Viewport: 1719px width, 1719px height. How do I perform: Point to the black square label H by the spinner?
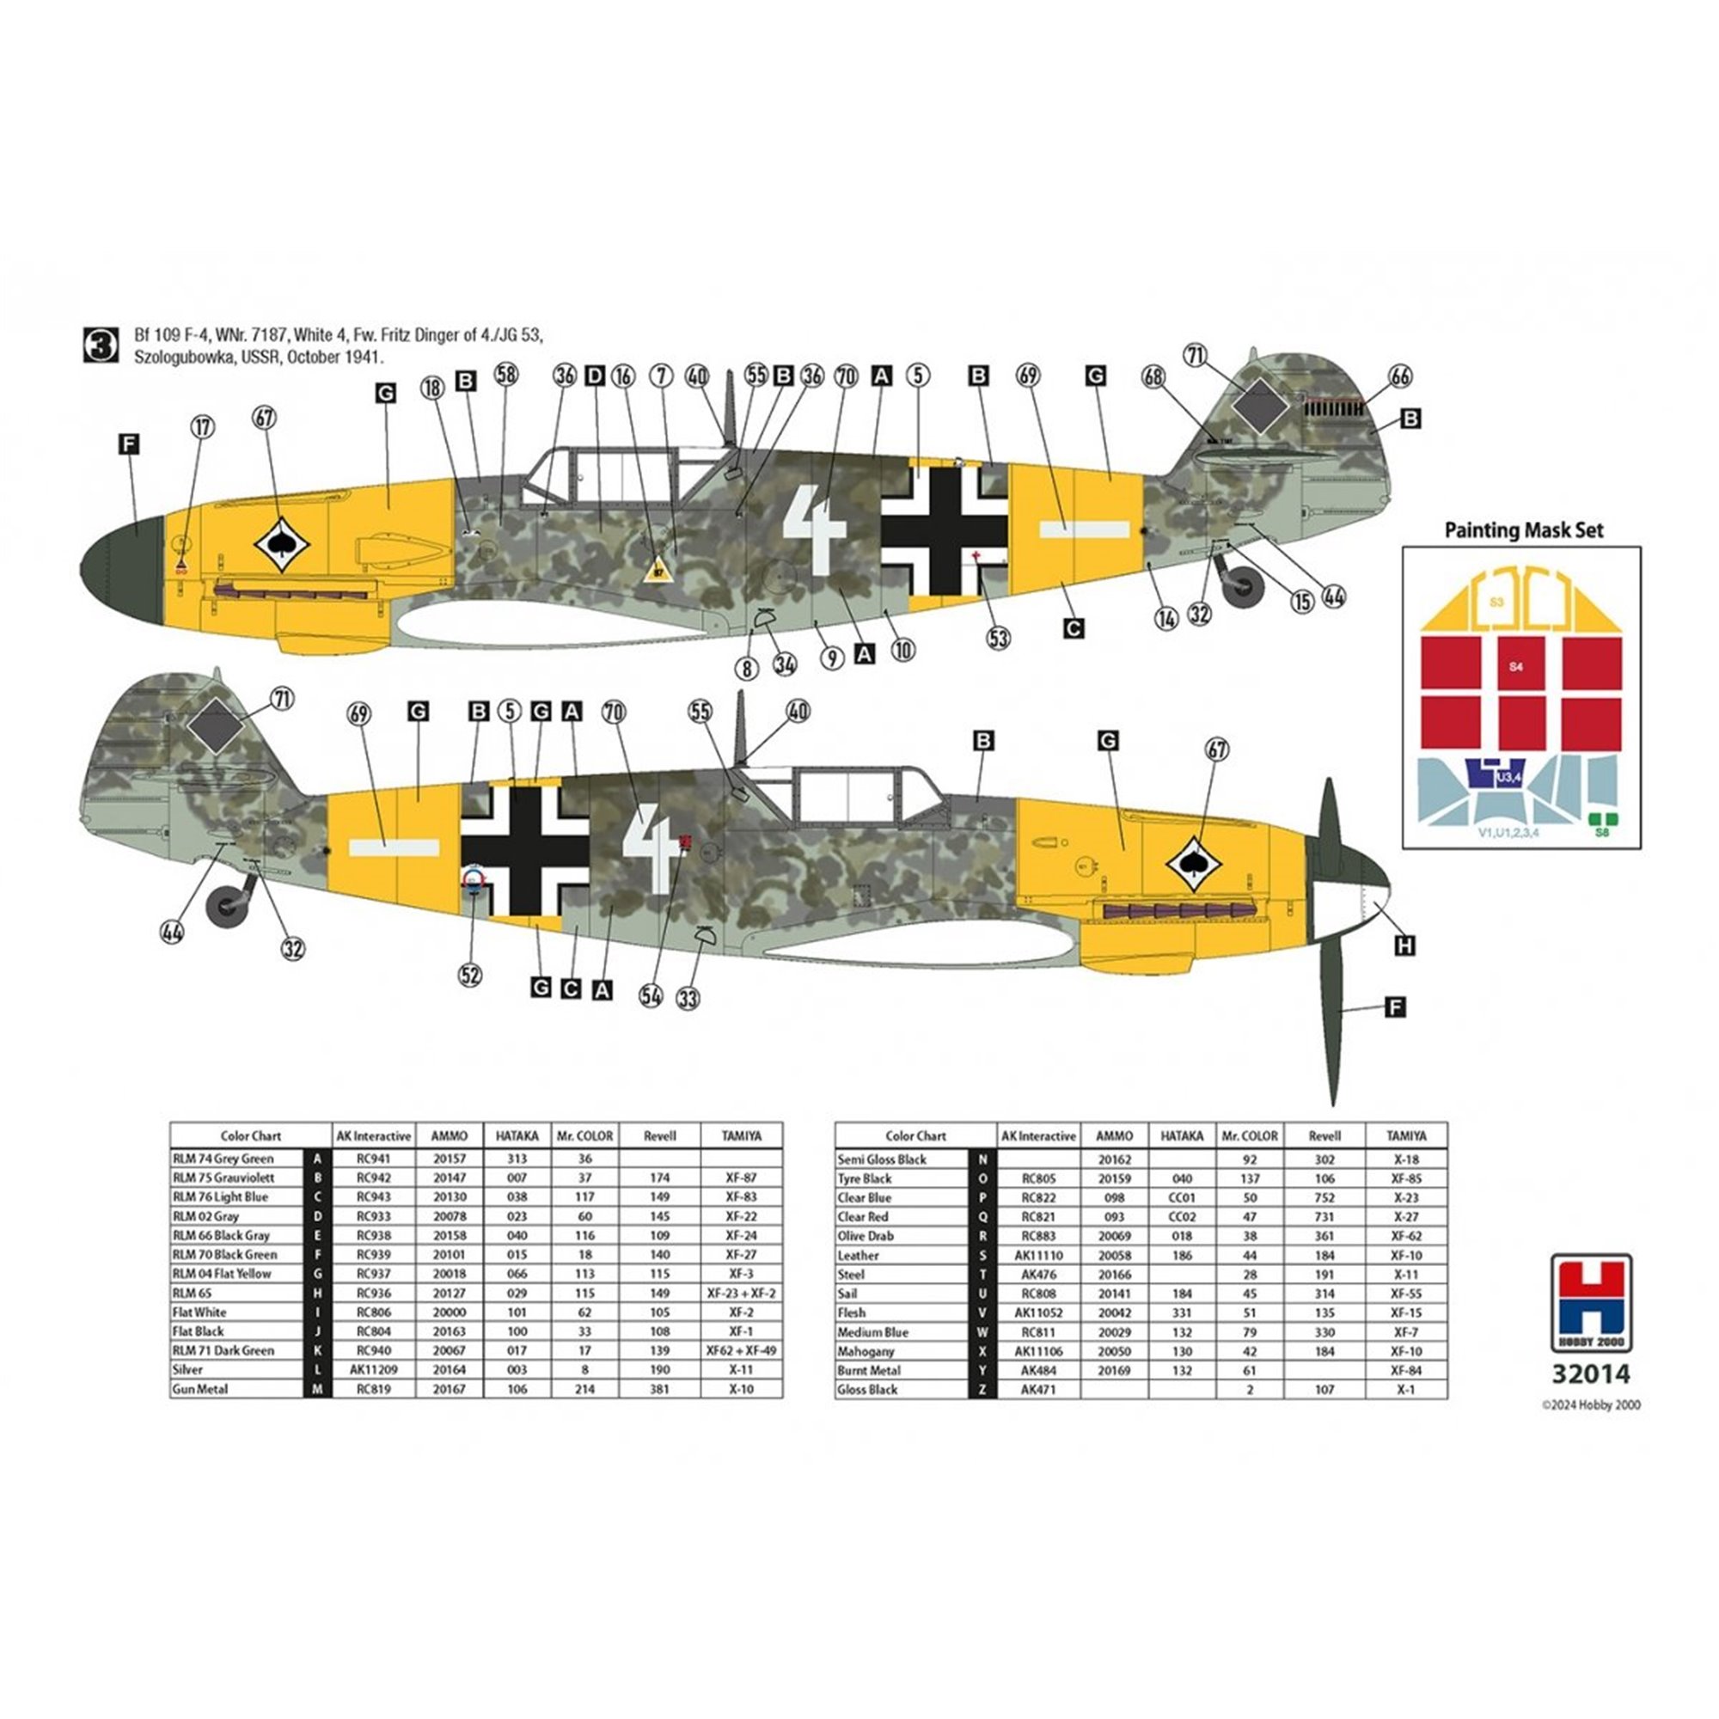coord(1404,945)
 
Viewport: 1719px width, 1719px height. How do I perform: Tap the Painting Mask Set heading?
coord(1523,530)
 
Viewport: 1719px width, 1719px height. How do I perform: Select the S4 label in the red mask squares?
coord(1517,665)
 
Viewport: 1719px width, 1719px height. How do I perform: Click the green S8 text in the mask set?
coord(1601,833)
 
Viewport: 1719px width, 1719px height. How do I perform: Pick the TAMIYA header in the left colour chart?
coord(741,1135)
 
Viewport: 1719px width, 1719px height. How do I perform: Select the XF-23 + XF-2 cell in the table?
coord(741,1293)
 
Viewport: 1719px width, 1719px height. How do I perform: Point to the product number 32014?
coord(1591,1373)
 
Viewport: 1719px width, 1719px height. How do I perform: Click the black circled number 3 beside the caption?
coord(100,346)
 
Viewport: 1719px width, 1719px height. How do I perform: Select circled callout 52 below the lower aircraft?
coord(471,976)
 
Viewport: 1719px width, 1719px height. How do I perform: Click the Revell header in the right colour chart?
coord(1324,1136)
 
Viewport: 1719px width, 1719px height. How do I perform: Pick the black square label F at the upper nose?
coord(129,444)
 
